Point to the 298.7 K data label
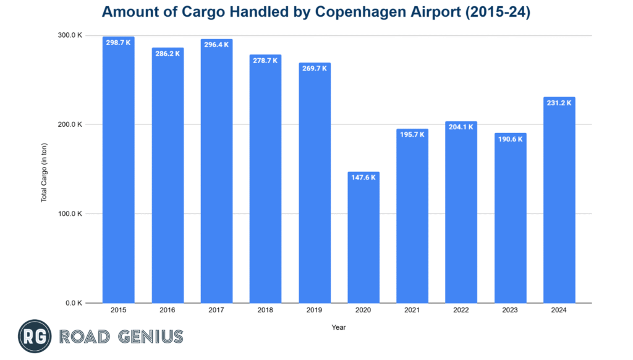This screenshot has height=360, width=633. click(x=118, y=43)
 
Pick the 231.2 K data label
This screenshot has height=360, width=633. click(x=559, y=103)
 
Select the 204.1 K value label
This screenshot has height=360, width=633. click(x=461, y=127)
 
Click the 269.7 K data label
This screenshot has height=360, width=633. click(x=314, y=69)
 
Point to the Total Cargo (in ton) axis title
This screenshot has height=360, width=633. click(x=45, y=169)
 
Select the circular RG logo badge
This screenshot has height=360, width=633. click(x=34, y=336)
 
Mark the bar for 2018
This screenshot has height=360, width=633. click(x=265, y=179)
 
